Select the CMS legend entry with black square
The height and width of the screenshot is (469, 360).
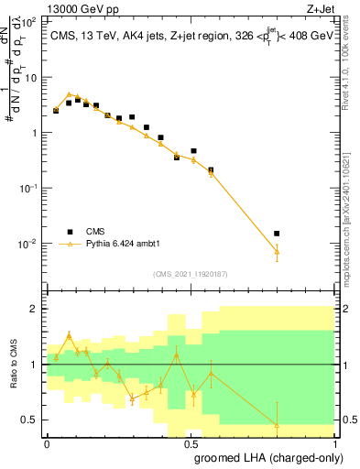pyautogui.click(x=89, y=232)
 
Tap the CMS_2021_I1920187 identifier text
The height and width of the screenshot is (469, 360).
pyautogui.click(x=190, y=273)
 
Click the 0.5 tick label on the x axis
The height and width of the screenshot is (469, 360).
pyautogui.click(x=191, y=442)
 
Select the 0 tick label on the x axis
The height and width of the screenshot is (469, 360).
pyautogui.click(x=47, y=442)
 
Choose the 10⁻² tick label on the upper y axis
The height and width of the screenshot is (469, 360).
pyautogui.click(x=29, y=244)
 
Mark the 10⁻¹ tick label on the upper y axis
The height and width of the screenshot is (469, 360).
pyautogui.click(x=29, y=188)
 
